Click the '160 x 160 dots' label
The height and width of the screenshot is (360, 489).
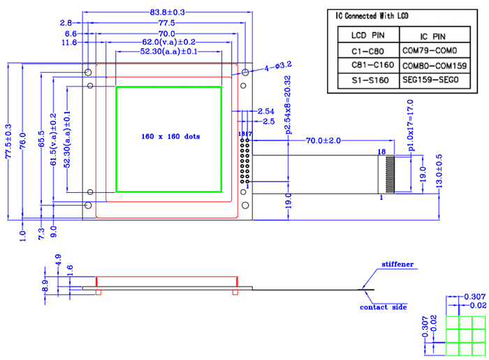pos(170,136)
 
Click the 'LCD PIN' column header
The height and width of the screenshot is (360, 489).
pos(367,35)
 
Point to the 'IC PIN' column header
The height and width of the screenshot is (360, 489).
pos(433,35)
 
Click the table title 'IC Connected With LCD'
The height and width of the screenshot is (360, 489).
pos(372,15)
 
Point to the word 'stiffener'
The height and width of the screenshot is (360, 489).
pos(397,265)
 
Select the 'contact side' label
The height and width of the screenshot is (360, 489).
pos(383,307)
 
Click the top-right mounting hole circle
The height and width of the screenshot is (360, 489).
pos(245,73)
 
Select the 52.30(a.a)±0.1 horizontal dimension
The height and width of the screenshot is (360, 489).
pos(168,51)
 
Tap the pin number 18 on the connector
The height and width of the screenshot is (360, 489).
pos(381,151)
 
